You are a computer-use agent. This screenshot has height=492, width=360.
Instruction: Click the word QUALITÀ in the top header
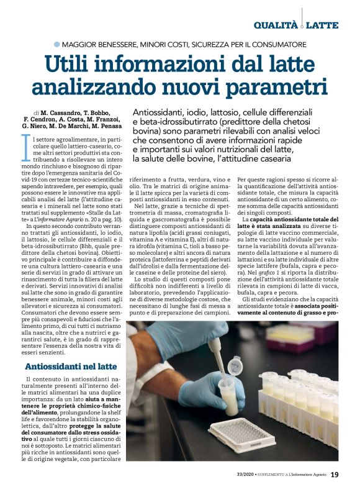276,25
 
